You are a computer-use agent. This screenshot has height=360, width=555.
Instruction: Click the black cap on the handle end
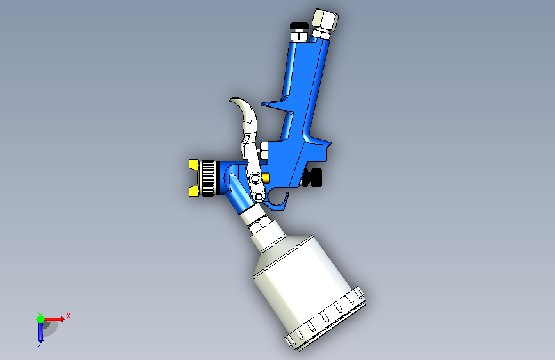tap(299, 26)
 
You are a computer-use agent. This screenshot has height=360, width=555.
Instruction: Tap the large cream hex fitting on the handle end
tap(325, 20)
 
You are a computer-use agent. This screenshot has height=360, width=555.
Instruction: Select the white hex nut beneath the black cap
tap(299, 36)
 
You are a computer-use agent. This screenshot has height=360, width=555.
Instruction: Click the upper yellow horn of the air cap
tap(194, 165)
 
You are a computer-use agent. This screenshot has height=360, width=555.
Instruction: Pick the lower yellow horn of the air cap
tap(194, 192)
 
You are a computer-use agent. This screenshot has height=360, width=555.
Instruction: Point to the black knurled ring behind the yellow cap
tap(208, 178)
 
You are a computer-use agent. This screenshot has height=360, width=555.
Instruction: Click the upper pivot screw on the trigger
tap(255, 177)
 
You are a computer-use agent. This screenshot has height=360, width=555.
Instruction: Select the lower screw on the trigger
tap(259, 197)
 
